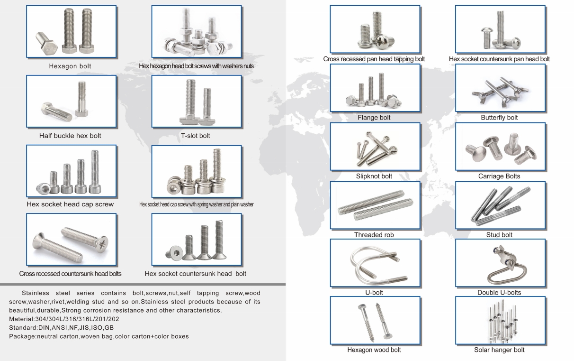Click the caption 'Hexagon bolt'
[70, 66]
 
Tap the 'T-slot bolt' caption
[195, 136]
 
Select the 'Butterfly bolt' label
[499, 118]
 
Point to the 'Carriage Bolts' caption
[499, 176]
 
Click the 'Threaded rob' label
[374, 235]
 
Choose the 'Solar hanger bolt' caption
[499, 350]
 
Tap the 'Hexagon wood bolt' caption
[374, 350]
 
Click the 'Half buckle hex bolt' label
[70, 136]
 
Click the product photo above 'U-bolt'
[375, 263]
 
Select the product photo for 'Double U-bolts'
[500, 263]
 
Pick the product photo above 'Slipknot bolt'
[375, 147]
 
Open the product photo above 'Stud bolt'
[500, 205]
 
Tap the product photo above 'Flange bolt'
[375, 88]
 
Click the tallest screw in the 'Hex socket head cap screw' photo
[95, 172]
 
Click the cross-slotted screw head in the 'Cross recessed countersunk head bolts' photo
[103, 242]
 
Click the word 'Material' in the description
[21, 319]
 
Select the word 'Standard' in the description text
[23, 328]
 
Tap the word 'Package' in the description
[22, 337]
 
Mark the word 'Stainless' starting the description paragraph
[36, 293]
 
